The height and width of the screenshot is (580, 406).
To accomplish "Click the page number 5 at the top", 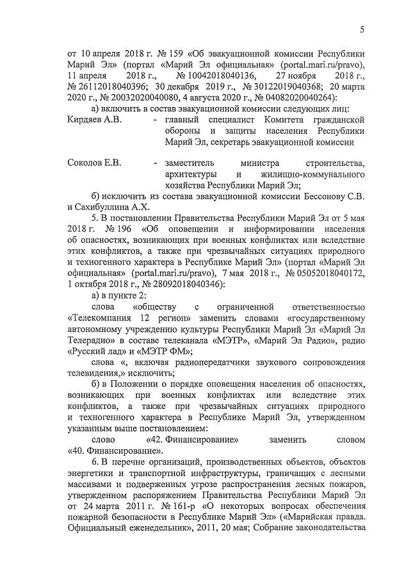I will coord(362,29).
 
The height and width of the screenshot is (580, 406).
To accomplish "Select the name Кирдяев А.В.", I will coord(94,120).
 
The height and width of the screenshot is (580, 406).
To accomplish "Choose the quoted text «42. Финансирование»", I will coord(193,440).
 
